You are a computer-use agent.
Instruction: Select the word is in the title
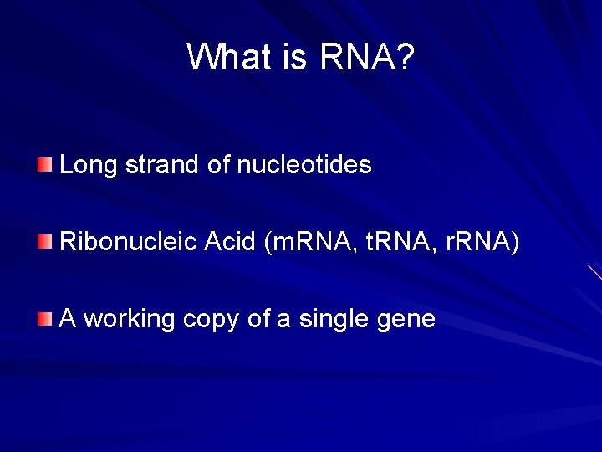[x=296, y=57]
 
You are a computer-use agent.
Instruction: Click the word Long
[x=89, y=166]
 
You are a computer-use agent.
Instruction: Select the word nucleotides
[x=304, y=165]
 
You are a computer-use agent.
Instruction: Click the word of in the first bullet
[x=218, y=165]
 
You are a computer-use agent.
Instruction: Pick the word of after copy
[x=258, y=319]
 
